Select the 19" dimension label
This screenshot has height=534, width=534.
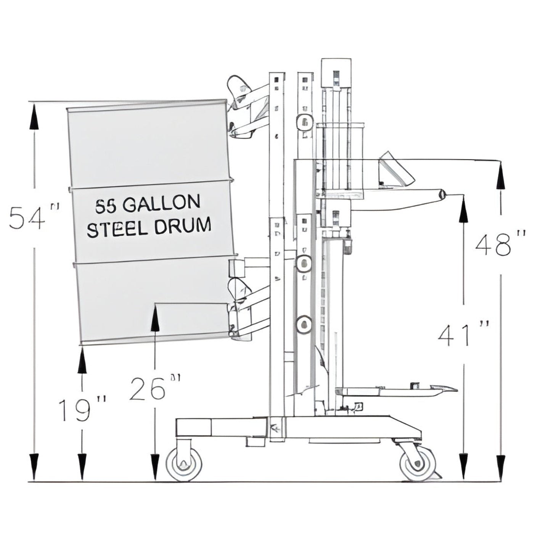coord(81,410)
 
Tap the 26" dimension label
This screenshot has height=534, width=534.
coord(153,388)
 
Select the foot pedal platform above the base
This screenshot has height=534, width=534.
coord(397,390)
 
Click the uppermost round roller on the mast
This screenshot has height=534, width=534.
coord(304,122)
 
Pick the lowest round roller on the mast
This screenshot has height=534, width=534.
coord(304,325)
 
